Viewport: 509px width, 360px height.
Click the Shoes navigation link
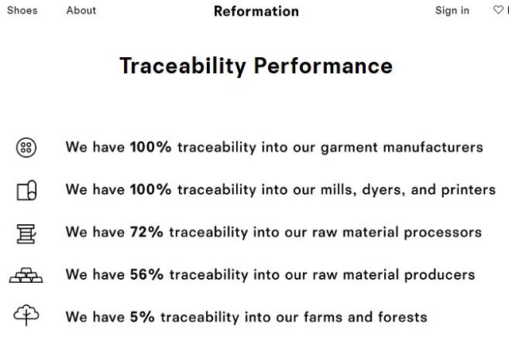(22, 10)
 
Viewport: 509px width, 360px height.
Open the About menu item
(81, 10)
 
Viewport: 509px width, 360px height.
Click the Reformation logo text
(256, 11)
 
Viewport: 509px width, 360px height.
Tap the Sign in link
(453, 10)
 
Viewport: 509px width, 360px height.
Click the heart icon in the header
(499, 10)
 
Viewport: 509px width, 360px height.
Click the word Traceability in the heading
(183, 66)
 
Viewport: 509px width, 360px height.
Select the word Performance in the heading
(323, 66)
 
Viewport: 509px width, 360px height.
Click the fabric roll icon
(26, 190)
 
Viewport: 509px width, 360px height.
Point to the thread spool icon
(26, 234)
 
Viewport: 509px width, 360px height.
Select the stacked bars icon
(26, 275)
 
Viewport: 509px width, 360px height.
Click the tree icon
(26, 315)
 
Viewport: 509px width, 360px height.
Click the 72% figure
(146, 232)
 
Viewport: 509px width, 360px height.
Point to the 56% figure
(146, 275)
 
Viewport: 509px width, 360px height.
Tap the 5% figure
(142, 317)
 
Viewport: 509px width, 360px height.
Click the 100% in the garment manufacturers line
(150, 147)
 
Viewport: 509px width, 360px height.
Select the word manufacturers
(433, 147)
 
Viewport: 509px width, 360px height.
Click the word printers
(468, 190)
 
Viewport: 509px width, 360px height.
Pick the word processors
(442, 233)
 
